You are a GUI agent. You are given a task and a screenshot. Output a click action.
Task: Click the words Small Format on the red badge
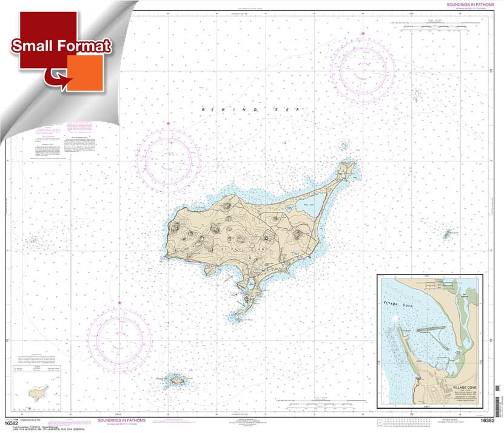click(x=60, y=46)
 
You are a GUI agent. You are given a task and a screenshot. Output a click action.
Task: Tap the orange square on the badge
click(x=84, y=73)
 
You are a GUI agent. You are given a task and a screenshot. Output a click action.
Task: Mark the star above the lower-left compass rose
click(x=119, y=302)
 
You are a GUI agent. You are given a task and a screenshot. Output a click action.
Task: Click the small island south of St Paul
click(x=178, y=380)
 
